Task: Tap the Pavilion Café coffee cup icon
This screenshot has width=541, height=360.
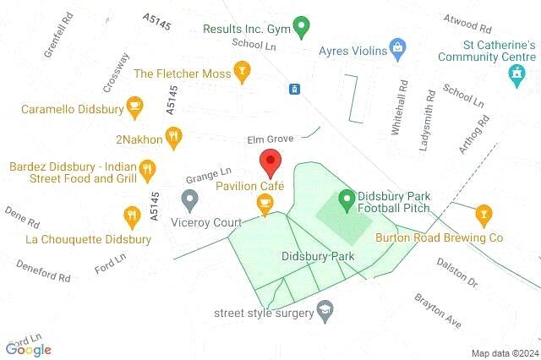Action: (265, 203)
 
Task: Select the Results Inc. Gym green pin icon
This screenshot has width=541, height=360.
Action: (300, 28)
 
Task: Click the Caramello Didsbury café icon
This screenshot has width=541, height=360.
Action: (134, 106)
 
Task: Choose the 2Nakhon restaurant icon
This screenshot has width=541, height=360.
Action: (173, 135)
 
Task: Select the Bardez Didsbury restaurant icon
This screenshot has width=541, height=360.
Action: (148, 171)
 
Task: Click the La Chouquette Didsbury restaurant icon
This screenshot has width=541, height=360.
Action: (131, 216)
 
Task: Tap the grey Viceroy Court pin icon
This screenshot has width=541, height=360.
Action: (190, 200)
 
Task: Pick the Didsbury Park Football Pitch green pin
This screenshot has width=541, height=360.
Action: (346, 200)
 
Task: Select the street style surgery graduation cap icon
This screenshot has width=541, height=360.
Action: (323, 312)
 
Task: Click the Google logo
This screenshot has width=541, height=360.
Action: (29, 349)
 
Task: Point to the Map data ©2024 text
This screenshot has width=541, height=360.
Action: (505, 353)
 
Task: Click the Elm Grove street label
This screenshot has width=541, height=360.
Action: (270, 139)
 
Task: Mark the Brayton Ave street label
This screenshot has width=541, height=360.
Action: (437, 311)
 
